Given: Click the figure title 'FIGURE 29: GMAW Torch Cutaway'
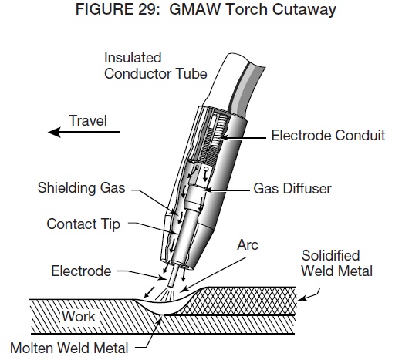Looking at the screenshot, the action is pyautogui.click(x=206, y=9).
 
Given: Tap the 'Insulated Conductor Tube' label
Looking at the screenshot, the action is pyautogui.click(x=155, y=66).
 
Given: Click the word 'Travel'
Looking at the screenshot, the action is pyautogui.click(x=88, y=120).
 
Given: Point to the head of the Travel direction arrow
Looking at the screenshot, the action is pyautogui.click(x=49, y=132).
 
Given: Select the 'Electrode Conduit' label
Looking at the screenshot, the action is pyautogui.click(x=328, y=135).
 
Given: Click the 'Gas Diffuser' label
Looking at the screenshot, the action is pyautogui.click(x=292, y=188).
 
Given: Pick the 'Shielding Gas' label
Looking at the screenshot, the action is pyautogui.click(x=81, y=188).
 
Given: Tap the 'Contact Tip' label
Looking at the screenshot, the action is pyautogui.click(x=83, y=224).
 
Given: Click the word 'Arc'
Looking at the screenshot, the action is pyautogui.click(x=248, y=244).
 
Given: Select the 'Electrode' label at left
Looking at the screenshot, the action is pyautogui.click(x=81, y=271).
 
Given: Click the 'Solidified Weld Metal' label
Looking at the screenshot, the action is pyautogui.click(x=336, y=263).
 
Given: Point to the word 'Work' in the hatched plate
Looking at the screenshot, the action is pyautogui.click(x=79, y=316).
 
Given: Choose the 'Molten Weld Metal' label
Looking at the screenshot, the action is pyautogui.click(x=69, y=348).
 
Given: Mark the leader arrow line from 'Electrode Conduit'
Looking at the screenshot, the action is pyautogui.click(x=244, y=138).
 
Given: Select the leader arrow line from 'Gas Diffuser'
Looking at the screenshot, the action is pyautogui.click(x=227, y=190).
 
